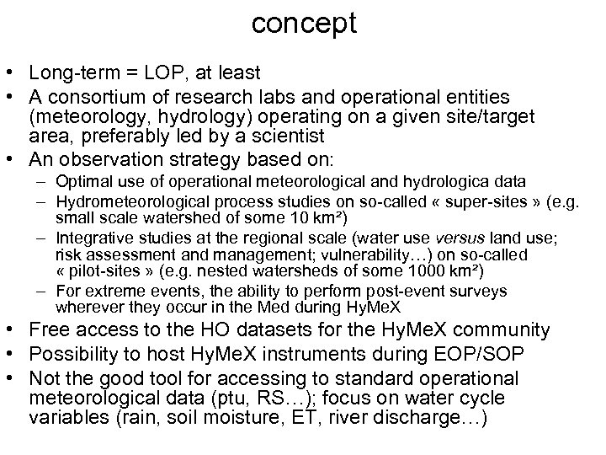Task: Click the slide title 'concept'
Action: coord(304,22)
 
